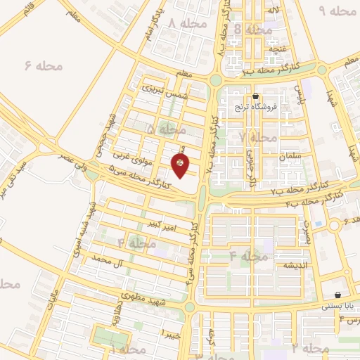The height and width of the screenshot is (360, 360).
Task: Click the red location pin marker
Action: [x=181, y=165]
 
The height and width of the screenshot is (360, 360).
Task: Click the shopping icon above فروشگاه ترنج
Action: [x=255, y=96]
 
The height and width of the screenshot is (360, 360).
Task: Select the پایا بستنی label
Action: [x=341, y=306]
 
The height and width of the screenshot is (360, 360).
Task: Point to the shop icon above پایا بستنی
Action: [x=340, y=295]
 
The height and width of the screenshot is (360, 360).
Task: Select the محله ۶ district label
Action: [x=44, y=66]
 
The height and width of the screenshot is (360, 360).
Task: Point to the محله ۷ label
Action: [x=257, y=138]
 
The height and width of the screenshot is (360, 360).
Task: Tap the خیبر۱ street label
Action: [x=172, y=332]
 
